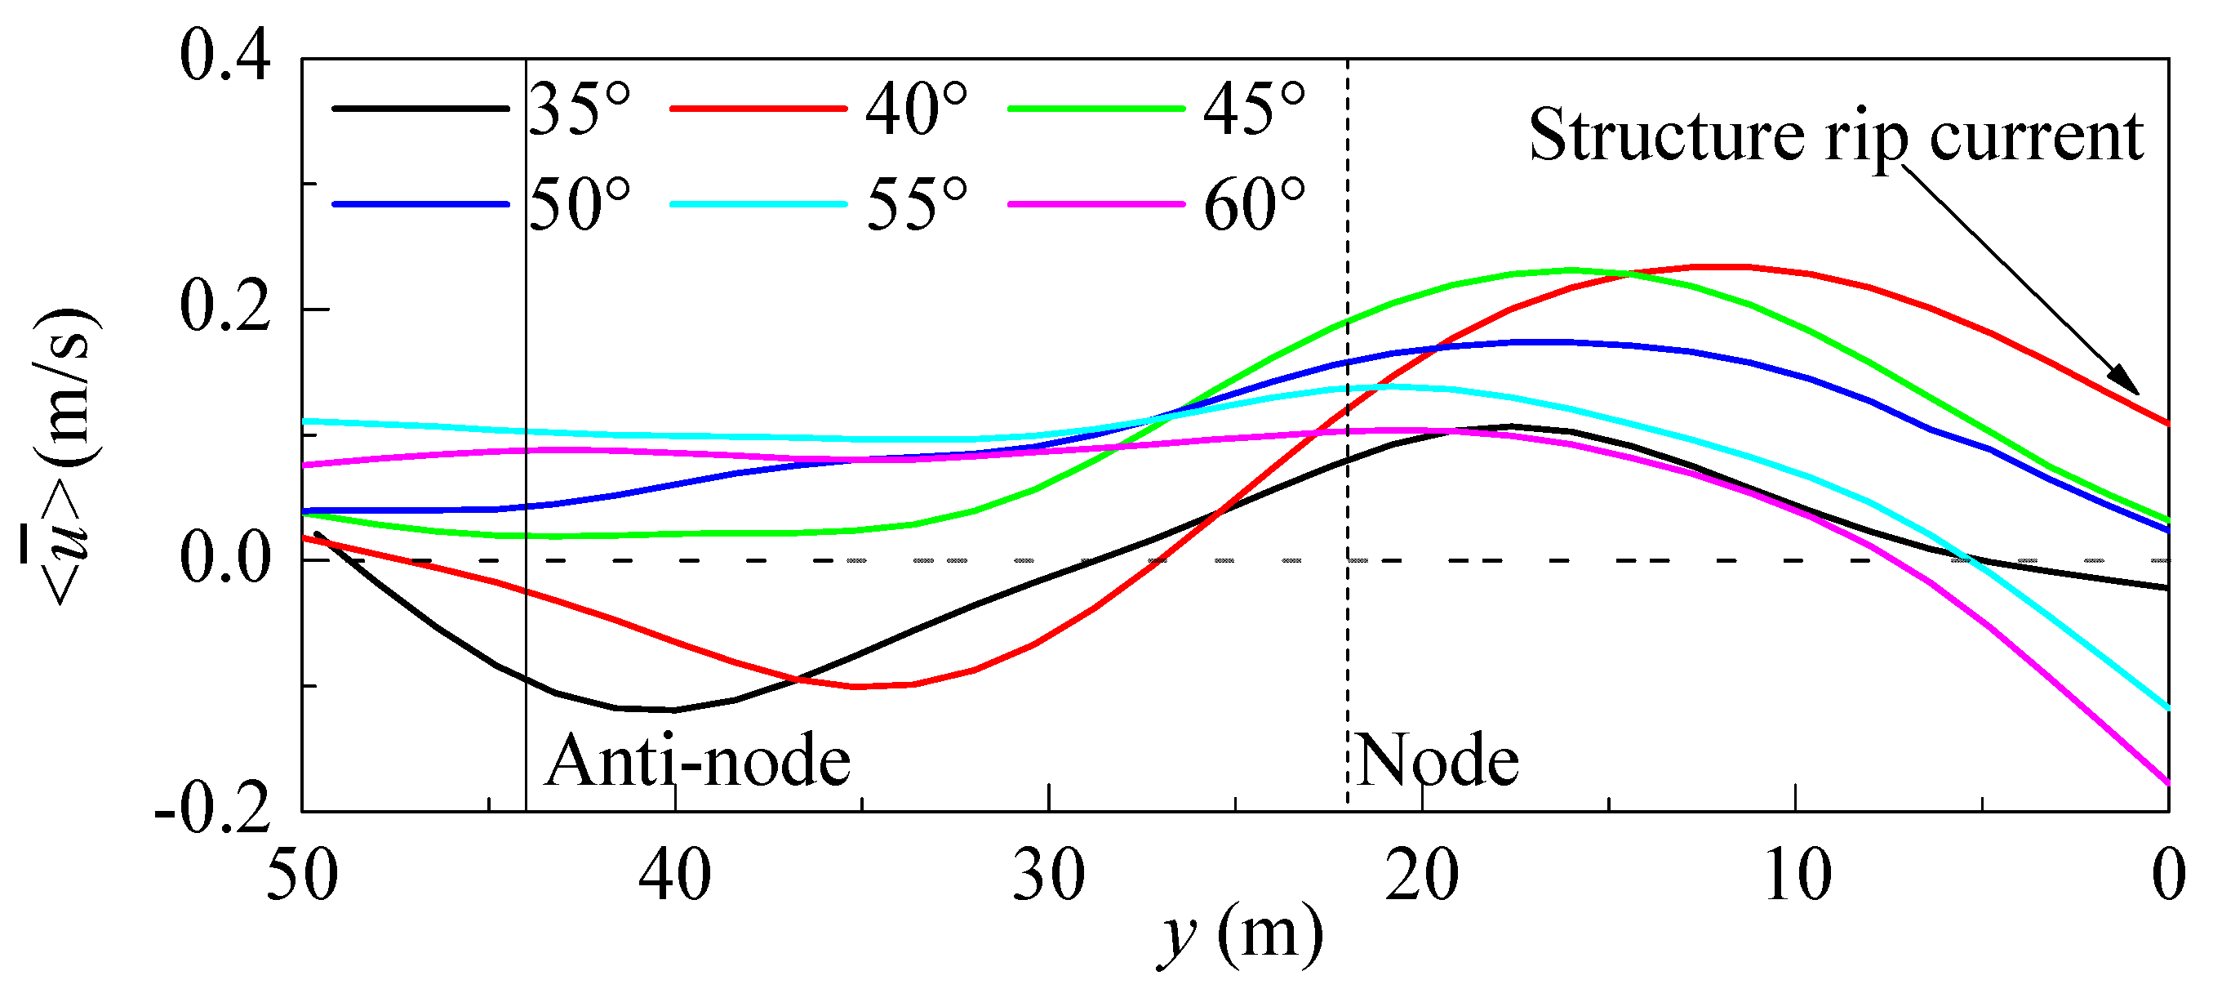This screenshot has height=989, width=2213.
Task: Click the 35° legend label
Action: [x=579, y=111]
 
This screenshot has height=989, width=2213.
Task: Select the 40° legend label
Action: [x=916, y=111]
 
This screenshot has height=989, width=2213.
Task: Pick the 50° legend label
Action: [x=579, y=205]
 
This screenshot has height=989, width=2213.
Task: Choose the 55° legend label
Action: [x=916, y=205]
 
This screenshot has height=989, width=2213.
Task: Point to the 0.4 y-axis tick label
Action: [x=225, y=56]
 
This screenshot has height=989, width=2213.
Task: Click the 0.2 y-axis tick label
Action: [x=225, y=308]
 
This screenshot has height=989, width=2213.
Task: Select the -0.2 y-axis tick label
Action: [x=212, y=809]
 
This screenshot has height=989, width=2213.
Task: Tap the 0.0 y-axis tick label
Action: [x=225, y=559]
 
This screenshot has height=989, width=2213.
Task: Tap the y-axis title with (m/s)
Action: [x=64, y=456]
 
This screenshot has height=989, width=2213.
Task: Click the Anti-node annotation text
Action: [x=698, y=761]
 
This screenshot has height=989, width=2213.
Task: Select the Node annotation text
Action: [x=1438, y=761]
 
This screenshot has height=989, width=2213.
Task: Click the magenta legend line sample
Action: [x=1096, y=204]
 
